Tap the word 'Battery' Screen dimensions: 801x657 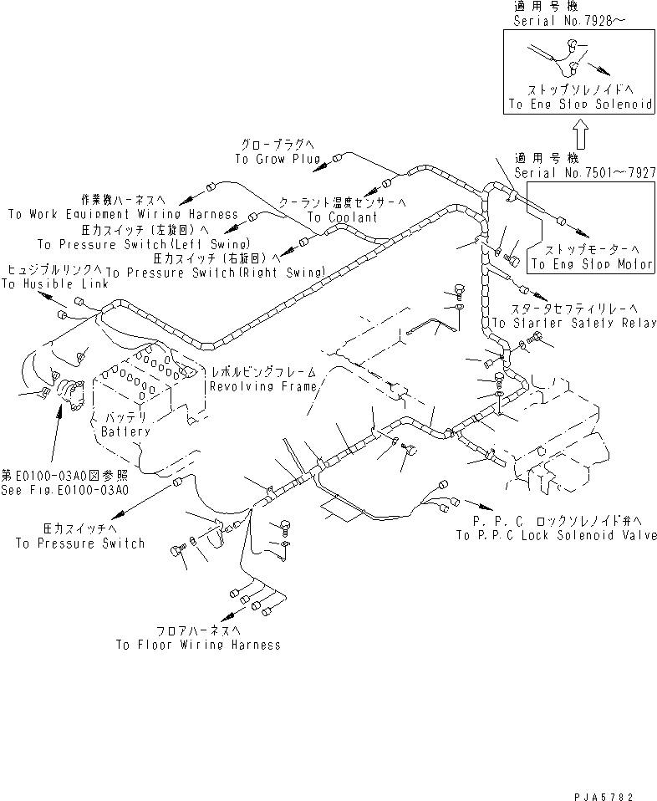click(125, 431)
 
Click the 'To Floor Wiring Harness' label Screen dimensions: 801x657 click(198, 645)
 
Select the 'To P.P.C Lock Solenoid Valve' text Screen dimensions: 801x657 click(556, 535)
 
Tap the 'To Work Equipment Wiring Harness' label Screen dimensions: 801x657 click(123, 214)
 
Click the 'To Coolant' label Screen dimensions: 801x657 click(342, 217)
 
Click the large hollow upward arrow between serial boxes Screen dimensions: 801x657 click(582, 132)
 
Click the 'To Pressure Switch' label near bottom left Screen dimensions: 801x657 click(80, 543)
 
